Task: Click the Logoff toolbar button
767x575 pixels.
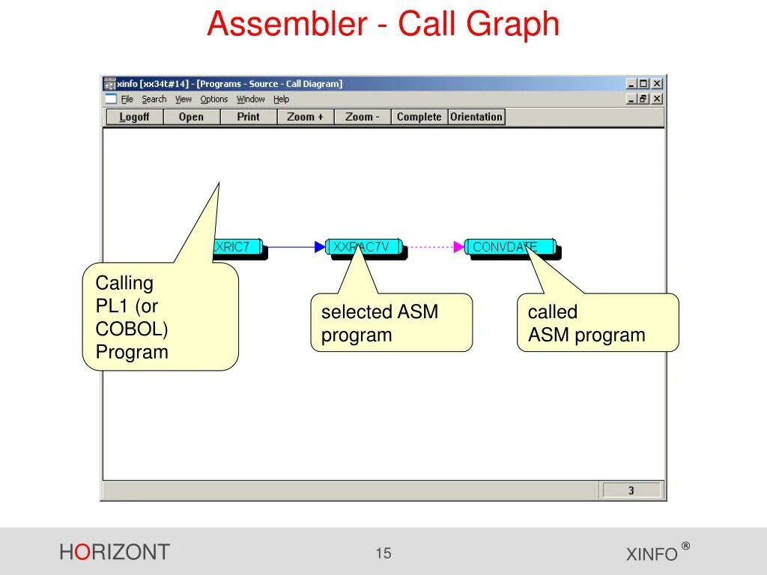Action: (x=134, y=117)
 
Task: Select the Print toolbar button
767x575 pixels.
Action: (x=248, y=117)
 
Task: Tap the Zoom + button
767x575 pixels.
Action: (x=305, y=117)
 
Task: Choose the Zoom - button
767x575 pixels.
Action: (x=363, y=117)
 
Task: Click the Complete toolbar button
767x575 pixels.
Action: (x=419, y=117)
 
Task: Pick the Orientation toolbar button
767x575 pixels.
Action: (x=476, y=117)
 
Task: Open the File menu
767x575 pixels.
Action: (x=127, y=99)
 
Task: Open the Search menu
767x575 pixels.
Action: (x=154, y=99)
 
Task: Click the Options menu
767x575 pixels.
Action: (x=213, y=99)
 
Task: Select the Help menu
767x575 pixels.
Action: (x=281, y=99)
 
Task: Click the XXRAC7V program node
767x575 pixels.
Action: (x=365, y=247)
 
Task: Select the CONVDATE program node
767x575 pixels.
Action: (x=509, y=247)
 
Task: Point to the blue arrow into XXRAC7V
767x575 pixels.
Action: (x=296, y=246)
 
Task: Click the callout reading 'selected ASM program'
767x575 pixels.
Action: (x=391, y=323)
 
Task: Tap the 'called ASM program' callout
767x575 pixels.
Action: (x=597, y=323)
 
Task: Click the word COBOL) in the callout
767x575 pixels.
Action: (x=132, y=329)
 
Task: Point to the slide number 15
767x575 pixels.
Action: (x=383, y=553)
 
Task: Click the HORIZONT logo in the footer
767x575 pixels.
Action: (x=115, y=553)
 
